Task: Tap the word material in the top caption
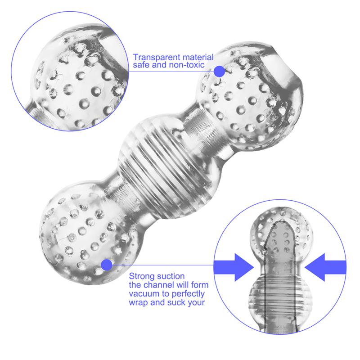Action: [195, 58]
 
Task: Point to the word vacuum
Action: [144, 294]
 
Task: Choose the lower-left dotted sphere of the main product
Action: [85, 229]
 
